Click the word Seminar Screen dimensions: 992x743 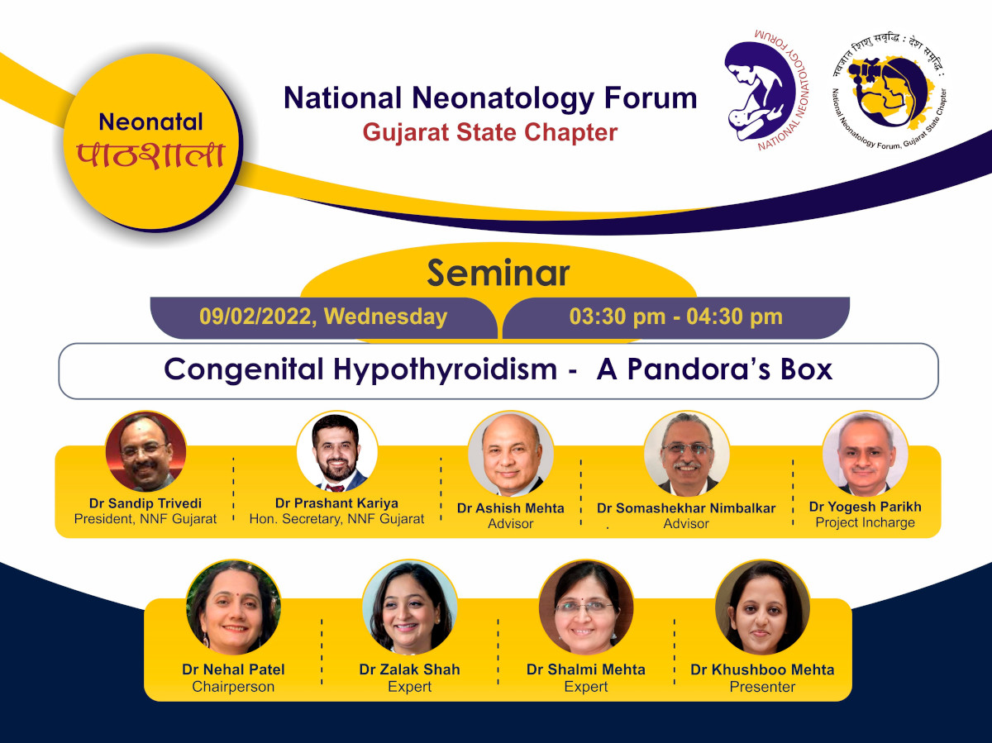tap(498, 274)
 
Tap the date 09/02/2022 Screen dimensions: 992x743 tap(255, 317)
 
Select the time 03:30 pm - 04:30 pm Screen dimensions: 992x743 tap(675, 317)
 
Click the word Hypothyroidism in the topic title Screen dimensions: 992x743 tap(445, 369)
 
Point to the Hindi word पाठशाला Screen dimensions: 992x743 tap(151, 156)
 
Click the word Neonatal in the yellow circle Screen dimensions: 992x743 tap(151, 122)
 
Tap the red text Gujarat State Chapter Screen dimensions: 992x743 tap(490, 132)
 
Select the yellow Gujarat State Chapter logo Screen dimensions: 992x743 tap(889, 92)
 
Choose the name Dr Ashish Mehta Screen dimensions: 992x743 tap(510, 508)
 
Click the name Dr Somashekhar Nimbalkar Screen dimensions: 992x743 tap(686, 508)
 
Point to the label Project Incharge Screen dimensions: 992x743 tap(865, 522)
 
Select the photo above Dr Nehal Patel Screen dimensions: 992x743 tap(233, 607)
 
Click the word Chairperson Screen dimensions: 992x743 tap(233, 687)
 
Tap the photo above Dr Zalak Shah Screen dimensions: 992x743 tap(409, 607)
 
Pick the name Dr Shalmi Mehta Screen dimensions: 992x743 tap(586, 669)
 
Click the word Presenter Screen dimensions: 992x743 tap(762, 687)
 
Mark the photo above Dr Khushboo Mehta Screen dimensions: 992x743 tap(762, 607)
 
